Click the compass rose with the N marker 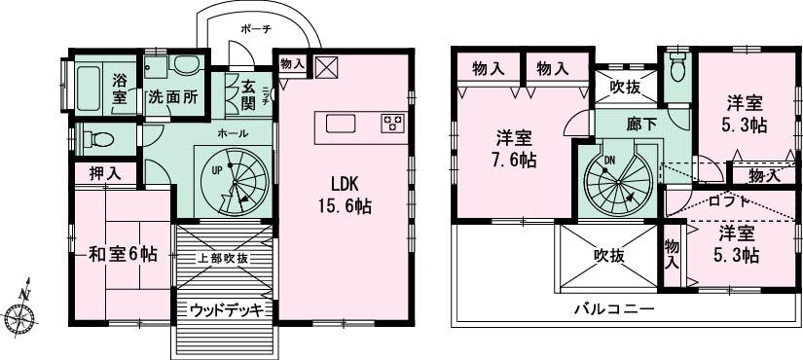19,314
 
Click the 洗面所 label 172,97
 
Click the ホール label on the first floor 232,132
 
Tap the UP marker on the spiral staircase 219,169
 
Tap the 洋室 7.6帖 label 514,148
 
